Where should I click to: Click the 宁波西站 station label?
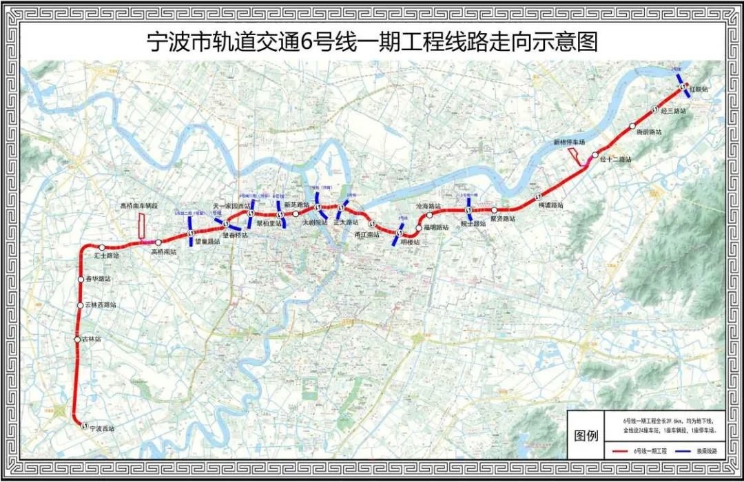101,429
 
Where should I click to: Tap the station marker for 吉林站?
77,339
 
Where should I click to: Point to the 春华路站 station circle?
81,279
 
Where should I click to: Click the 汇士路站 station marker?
102,247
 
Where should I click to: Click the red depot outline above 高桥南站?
141,226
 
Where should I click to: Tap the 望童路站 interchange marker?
189,234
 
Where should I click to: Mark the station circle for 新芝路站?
296,214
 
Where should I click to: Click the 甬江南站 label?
366,234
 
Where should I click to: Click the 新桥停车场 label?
569,143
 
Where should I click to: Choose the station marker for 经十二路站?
595,156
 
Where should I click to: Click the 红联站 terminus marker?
682,87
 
